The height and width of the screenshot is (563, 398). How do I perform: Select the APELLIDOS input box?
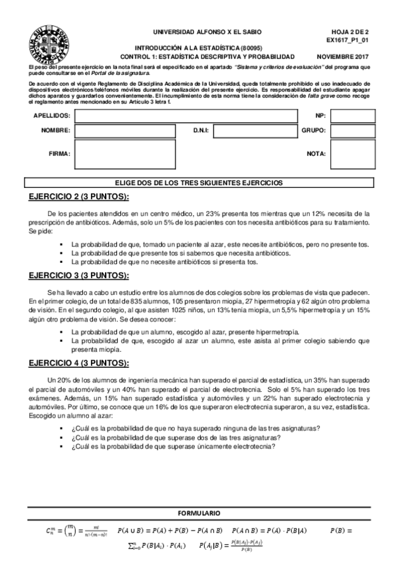click(186, 116)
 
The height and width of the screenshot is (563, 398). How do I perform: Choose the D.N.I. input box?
click(254, 131)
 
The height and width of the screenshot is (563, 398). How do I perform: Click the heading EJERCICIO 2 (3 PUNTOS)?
click(79, 197)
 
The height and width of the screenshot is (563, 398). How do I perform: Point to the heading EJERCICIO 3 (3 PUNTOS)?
click(79, 275)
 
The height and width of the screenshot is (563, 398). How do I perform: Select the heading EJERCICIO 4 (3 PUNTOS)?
click(79, 362)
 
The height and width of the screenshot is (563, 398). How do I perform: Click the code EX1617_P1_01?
click(348, 40)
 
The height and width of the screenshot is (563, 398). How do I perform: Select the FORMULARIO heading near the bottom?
click(199, 515)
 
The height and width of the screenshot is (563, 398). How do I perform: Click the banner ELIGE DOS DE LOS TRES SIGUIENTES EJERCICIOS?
click(199, 183)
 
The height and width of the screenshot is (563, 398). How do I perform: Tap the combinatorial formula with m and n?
click(63, 531)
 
